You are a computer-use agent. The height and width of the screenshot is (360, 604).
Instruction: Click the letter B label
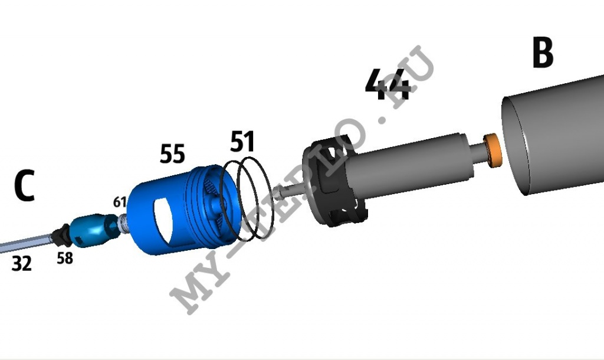[543, 53]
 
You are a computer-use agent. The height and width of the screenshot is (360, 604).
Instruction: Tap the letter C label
[25, 186]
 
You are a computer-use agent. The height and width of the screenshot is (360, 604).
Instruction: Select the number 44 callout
[387, 84]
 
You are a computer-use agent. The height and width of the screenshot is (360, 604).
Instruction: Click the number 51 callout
[242, 142]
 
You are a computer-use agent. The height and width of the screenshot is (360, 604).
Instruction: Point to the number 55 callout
[172, 153]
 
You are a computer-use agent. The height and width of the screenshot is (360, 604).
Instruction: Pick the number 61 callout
[120, 202]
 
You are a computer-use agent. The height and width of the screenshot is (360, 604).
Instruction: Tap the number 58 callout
[65, 258]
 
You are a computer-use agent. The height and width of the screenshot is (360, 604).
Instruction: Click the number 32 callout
[22, 264]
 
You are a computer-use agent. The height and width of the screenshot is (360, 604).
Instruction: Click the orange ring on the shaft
[493, 150]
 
